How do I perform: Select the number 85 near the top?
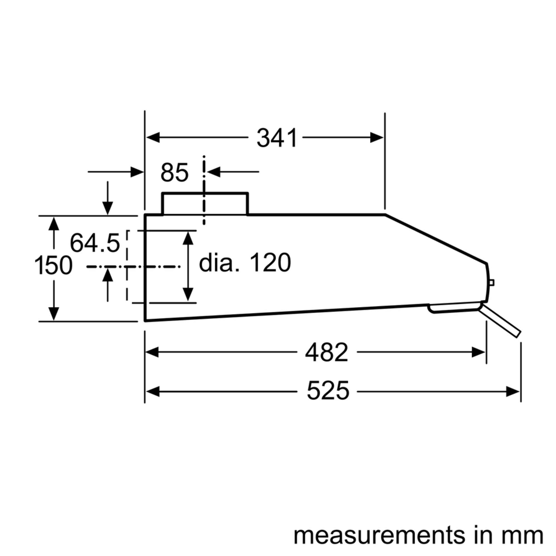pyautogui.click(x=174, y=173)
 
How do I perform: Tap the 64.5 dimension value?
pyautogui.click(x=95, y=243)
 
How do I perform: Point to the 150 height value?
pyautogui.click(x=53, y=265)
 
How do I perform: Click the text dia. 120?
pyautogui.click(x=245, y=262)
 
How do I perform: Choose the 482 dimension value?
pyautogui.click(x=327, y=352)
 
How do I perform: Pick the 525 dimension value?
pyautogui.click(x=328, y=391)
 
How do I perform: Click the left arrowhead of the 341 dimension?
pyautogui.click(x=153, y=138)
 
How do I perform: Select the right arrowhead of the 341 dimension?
pyautogui.click(x=376, y=138)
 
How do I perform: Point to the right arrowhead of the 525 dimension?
pyautogui.click(x=513, y=391)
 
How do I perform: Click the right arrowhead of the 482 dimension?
pyautogui.click(x=478, y=352)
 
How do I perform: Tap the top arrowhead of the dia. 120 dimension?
pyautogui.click(x=188, y=238)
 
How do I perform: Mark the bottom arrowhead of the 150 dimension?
pyautogui.click(x=54, y=314)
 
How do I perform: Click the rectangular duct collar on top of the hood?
pyautogui.click(x=205, y=204)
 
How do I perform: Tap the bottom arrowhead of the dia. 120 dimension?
pyautogui.click(x=188, y=294)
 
